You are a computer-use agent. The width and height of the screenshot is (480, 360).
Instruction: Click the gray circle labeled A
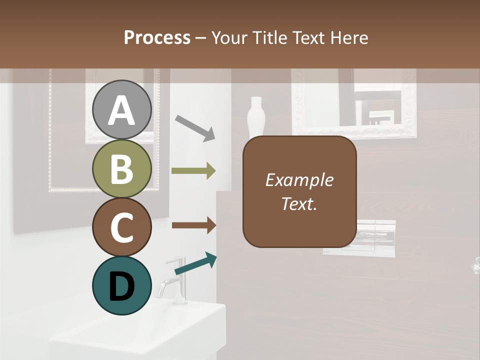pos(122,109)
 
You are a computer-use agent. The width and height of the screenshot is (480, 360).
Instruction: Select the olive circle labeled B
pos(122,168)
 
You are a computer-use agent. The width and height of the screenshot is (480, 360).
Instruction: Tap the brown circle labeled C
pos(122,227)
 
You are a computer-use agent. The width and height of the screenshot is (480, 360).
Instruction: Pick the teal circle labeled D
pos(122,285)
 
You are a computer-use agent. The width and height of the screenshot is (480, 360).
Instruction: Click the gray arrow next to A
pos(195,128)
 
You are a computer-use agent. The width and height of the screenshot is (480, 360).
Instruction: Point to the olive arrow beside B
pos(193,171)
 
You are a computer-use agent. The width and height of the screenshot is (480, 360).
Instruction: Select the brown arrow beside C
pos(193,225)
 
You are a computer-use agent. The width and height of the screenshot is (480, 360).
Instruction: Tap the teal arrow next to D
pos(195,263)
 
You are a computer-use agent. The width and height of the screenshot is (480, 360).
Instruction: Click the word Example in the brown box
pos(299,180)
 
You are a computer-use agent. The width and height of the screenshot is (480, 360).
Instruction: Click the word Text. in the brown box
pos(299,204)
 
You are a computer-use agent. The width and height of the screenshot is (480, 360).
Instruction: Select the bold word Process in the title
pos(157,37)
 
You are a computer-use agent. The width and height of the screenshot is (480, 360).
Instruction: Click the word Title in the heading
pos(275,37)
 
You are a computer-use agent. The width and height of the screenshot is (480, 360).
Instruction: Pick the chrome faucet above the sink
pos(173,282)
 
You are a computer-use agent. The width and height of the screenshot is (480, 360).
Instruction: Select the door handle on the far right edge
pos(476,266)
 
